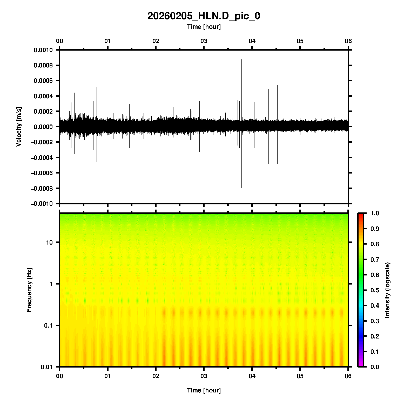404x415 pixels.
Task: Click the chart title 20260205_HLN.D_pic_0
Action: [204, 16]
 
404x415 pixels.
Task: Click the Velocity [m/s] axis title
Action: [19, 127]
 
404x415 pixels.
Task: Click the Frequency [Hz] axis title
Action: [29, 290]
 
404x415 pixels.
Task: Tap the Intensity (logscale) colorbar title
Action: [387, 290]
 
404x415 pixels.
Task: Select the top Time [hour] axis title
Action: [204, 27]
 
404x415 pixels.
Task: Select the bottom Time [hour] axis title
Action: [204, 390]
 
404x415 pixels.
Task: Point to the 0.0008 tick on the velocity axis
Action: [43, 65]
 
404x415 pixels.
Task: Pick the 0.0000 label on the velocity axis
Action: [43, 127]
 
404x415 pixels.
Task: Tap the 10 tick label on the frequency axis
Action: [49, 243]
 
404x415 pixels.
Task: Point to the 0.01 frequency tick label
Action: [47, 367]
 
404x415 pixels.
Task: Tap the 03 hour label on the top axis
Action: [204, 41]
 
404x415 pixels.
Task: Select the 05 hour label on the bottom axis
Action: [300, 376]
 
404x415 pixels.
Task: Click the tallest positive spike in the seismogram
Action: [241, 60]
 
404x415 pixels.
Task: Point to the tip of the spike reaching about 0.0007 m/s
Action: [118, 71]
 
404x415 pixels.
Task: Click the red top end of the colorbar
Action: [361, 215]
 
